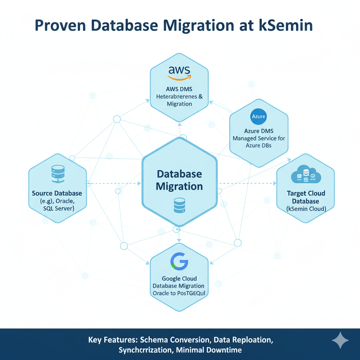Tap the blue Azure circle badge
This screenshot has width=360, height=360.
[259, 116]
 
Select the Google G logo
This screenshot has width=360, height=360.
[179, 261]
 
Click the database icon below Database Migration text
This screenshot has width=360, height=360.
[179, 205]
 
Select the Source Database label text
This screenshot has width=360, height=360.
[57, 193]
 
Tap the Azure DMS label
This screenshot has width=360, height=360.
[259, 131]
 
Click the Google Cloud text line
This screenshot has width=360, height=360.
[179, 278]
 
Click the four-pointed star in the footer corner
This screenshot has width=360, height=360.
[340, 340]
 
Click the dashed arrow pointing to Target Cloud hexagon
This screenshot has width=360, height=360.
[246, 183]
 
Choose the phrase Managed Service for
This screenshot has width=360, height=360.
[259, 139]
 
